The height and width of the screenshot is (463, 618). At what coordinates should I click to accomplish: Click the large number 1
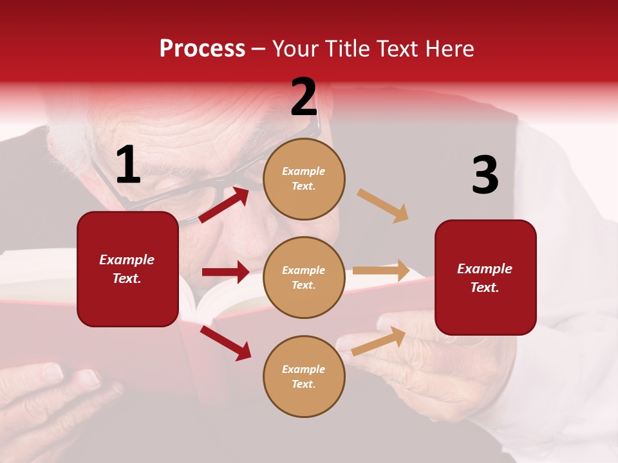click(x=128, y=165)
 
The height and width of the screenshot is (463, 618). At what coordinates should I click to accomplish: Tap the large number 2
click(x=304, y=97)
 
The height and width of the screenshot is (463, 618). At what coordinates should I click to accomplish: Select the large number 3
click(x=485, y=176)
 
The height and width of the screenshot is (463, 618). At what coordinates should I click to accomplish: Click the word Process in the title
click(x=202, y=48)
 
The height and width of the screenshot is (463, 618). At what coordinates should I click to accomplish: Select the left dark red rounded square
click(x=127, y=269)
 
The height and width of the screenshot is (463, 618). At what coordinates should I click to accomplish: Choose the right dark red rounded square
click(x=485, y=277)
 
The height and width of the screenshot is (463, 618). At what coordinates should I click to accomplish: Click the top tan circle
click(x=304, y=179)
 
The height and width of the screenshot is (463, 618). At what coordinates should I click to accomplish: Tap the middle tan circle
click(x=304, y=277)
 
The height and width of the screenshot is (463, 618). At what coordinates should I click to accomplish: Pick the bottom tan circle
click(x=304, y=376)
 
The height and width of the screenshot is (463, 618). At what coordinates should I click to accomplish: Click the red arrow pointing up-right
click(x=224, y=204)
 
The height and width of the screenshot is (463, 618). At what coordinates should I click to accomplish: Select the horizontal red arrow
click(x=225, y=272)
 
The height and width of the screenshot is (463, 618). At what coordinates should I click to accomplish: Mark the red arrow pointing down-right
click(x=225, y=343)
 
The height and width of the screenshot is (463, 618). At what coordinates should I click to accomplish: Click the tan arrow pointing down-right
click(x=382, y=205)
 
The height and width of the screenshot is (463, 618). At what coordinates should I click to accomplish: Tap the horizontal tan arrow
click(x=381, y=271)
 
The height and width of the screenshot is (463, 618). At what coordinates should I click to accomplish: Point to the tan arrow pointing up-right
click(x=379, y=341)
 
